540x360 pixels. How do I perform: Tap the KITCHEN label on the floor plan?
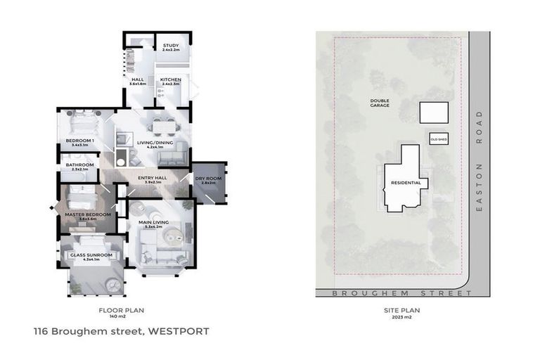tap(170, 80)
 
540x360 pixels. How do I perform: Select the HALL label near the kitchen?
tap(138, 80)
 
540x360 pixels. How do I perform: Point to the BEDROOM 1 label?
tap(79, 141)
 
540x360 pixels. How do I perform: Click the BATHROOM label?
tap(79, 166)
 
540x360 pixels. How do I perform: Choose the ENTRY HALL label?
tap(152, 179)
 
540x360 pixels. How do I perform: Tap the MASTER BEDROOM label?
tap(88, 214)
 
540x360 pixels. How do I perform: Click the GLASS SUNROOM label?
tap(91, 255)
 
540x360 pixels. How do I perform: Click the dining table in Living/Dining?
tap(167, 127)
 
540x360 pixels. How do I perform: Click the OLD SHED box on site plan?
tap(439, 139)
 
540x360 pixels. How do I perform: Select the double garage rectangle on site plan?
tap(433, 112)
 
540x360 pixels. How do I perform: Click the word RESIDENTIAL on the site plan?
tap(406, 183)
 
